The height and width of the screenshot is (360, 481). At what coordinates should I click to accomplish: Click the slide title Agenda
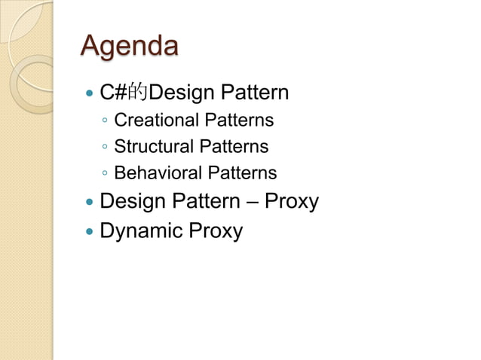click(x=129, y=47)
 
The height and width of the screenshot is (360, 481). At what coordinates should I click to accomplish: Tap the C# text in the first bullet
click(x=114, y=93)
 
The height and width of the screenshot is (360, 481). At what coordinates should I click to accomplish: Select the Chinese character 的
click(x=138, y=94)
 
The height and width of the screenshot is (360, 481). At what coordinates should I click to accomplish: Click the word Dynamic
click(x=142, y=230)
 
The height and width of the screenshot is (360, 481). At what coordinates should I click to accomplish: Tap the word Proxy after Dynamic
click(x=216, y=230)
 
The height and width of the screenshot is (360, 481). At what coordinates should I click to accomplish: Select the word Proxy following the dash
click(x=292, y=202)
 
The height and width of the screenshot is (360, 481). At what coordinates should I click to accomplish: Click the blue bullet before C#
click(x=90, y=95)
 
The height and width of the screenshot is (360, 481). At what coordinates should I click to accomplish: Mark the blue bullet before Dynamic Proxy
click(x=90, y=231)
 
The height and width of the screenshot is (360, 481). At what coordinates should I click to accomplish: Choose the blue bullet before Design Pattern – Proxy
click(x=90, y=203)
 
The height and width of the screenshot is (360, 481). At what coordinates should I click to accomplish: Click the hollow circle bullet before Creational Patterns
click(x=105, y=121)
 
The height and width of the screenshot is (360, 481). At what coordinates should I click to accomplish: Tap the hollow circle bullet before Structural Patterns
click(x=105, y=148)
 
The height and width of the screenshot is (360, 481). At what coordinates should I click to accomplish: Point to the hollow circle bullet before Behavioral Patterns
click(x=105, y=174)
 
